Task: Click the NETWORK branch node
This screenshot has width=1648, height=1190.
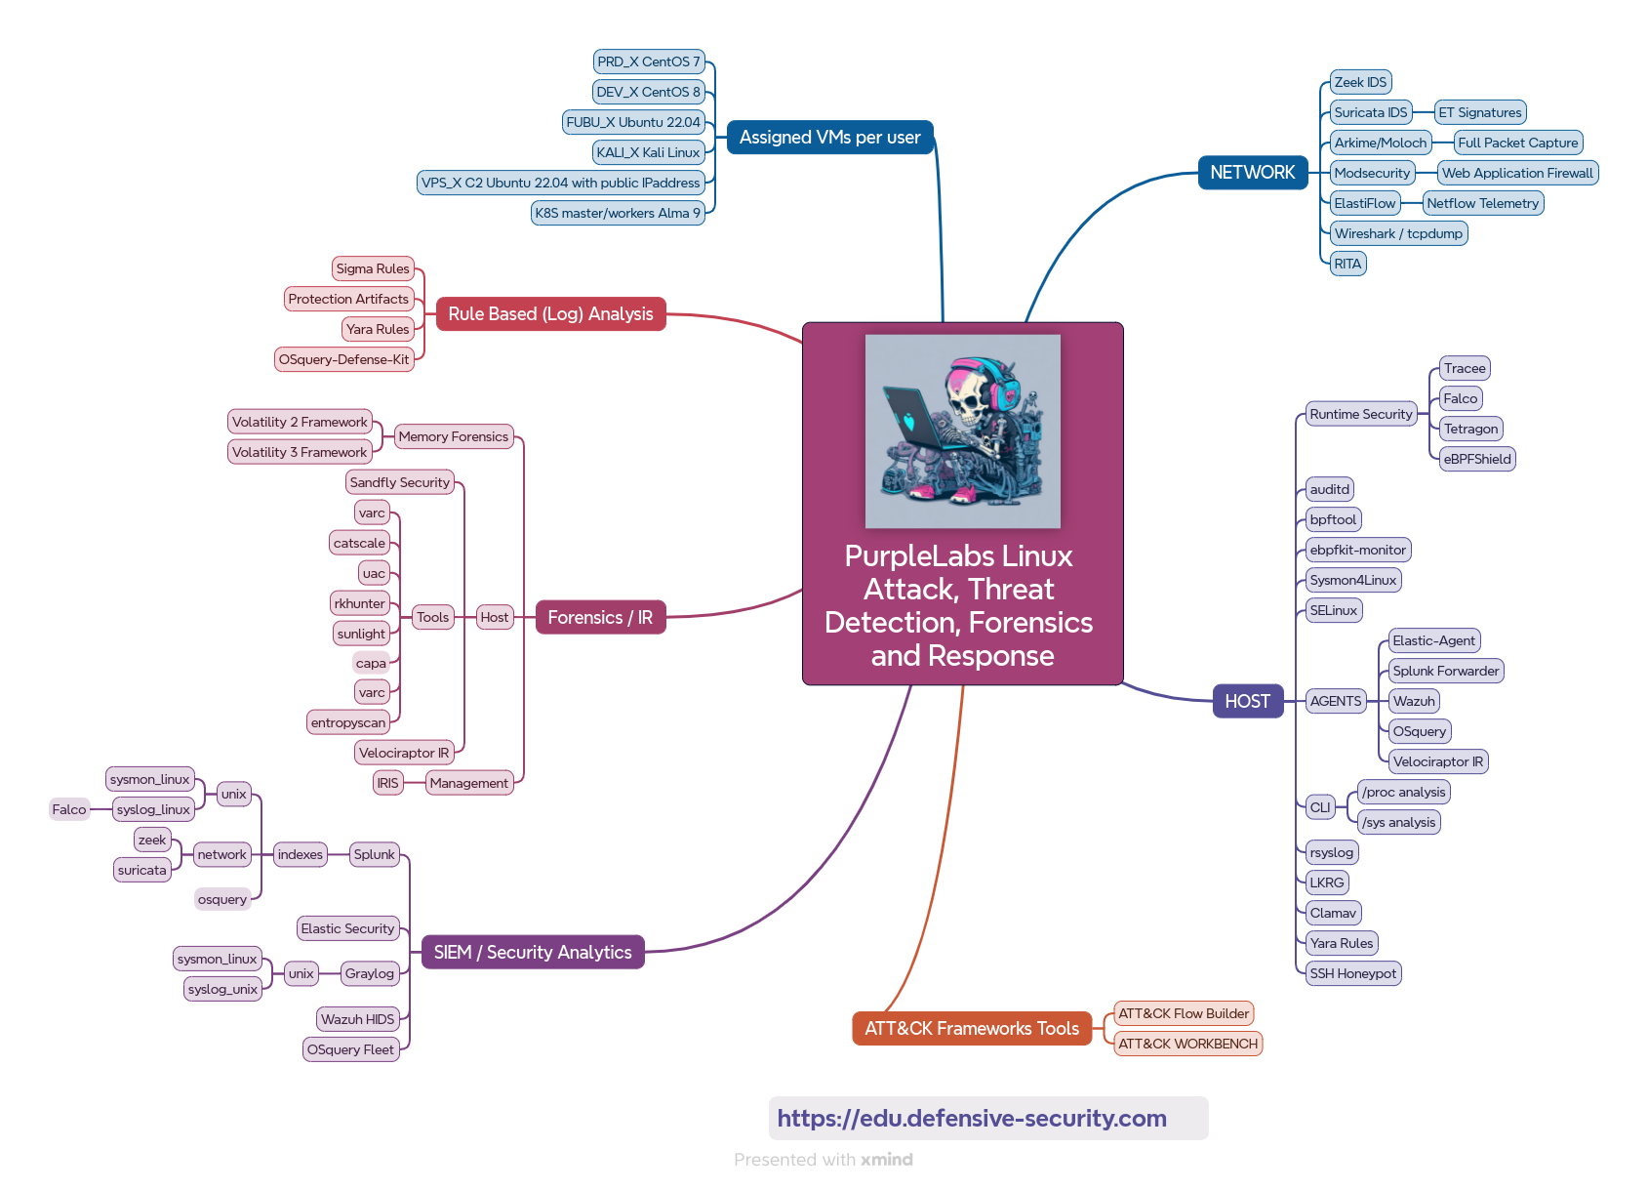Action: [1252, 173]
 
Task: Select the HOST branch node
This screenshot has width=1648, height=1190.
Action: [1247, 701]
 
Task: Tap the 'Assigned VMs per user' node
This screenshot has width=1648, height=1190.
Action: [829, 138]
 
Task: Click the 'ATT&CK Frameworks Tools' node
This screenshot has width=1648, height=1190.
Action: [971, 1028]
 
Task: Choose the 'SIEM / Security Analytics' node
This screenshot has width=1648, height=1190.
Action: [533, 952]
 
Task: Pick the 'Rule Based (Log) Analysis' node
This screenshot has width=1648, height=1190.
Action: [550, 313]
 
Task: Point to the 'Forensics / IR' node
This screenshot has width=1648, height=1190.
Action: [600, 617]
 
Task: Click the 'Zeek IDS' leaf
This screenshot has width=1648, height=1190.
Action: [1360, 82]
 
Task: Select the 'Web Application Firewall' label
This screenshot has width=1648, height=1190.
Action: [1517, 173]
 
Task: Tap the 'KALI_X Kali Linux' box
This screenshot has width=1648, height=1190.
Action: [648, 152]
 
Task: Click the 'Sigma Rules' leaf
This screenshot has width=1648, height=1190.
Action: [373, 268]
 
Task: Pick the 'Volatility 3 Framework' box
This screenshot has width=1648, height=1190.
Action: [300, 452]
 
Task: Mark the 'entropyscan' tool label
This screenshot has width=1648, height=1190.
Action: [348, 722]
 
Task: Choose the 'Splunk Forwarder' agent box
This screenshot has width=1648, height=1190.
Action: [1445, 671]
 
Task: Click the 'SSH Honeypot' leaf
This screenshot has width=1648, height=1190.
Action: [1352, 973]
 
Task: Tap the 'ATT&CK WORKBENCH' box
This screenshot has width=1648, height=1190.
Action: [1187, 1044]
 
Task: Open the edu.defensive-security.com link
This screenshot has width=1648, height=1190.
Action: [972, 1118]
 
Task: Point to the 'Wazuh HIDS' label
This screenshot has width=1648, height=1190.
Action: [358, 1019]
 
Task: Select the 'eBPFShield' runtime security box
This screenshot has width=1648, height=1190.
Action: [1477, 459]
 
